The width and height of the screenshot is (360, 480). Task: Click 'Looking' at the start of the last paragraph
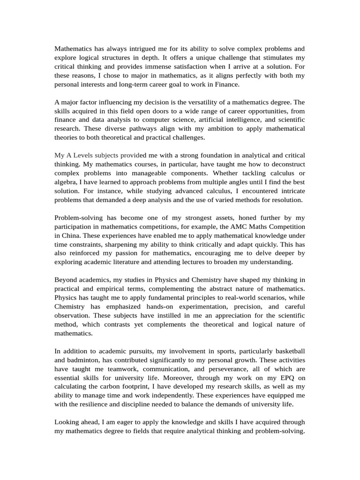(67, 422)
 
